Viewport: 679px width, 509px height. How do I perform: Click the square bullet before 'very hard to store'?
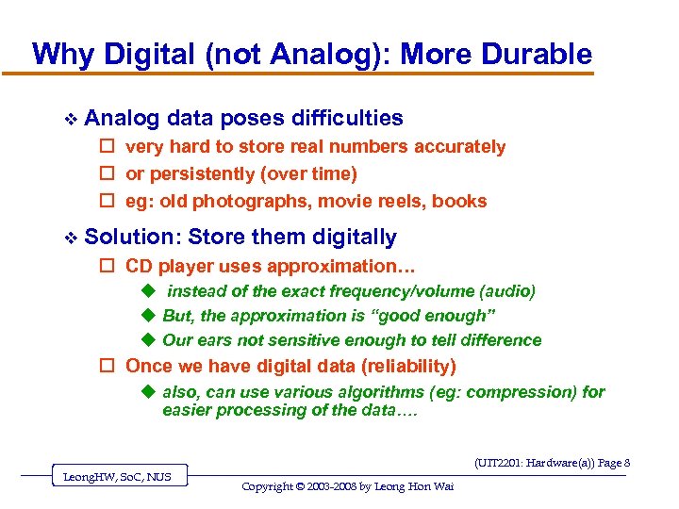click(x=108, y=147)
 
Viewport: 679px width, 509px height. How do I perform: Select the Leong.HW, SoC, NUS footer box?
click(x=117, y=477)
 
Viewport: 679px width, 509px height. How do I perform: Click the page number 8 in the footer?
click(x=626, y=463)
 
